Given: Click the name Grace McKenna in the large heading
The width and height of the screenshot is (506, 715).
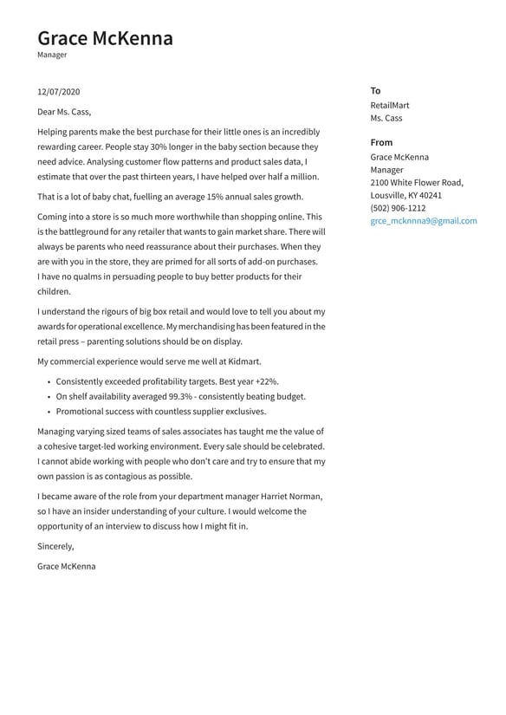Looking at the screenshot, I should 105,38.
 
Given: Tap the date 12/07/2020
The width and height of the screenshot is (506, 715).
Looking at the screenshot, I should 59,91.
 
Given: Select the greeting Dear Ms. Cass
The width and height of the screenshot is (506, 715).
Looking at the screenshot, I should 64,111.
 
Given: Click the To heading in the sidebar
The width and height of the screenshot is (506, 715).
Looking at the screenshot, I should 375,90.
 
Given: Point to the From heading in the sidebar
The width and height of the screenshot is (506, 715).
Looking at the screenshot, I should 381,142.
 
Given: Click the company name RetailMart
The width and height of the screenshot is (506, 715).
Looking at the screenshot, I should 390,105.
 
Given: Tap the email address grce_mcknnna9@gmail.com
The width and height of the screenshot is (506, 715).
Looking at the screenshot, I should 424,221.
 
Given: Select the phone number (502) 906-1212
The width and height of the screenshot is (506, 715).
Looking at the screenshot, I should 398,208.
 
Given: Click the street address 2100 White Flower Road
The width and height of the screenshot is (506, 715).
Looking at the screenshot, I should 417,183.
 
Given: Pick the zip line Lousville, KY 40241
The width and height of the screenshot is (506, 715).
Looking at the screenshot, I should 405,196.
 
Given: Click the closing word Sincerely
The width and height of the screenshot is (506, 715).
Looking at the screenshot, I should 55,546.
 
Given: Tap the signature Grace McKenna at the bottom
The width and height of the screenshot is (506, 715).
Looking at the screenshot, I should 67,566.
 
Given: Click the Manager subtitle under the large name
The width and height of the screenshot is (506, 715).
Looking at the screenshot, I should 52,55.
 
